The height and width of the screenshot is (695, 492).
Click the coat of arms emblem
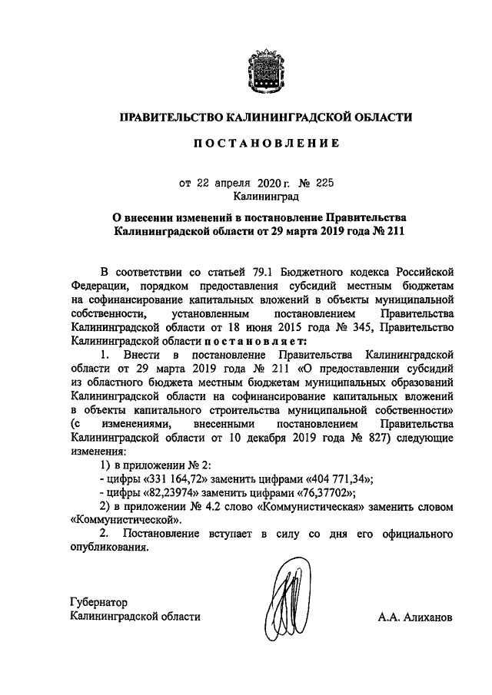tap(264, 71)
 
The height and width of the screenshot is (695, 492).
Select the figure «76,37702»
tap(323, 493)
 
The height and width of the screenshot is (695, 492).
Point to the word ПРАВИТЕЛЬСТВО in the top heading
tap(167, 117)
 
